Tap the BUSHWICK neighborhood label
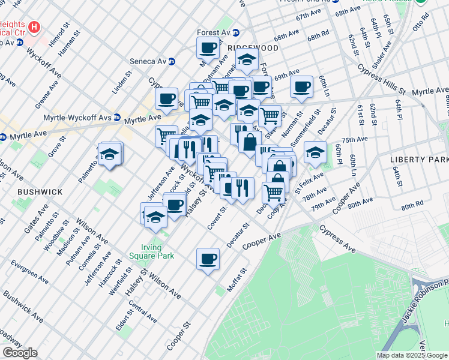[x=40, y=191]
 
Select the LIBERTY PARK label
[x=418, y=160]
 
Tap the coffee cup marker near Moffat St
[x=208, y=259]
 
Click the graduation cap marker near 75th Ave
[x=315, y=152]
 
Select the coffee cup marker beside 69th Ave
[x=301, y=86]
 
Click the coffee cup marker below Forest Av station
[x=208, y=47]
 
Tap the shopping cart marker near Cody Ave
[x=273, y=193]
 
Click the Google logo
[x=20, y=353]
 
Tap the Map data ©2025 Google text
[x=412, y=355]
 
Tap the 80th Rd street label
[x=412, y=205]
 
